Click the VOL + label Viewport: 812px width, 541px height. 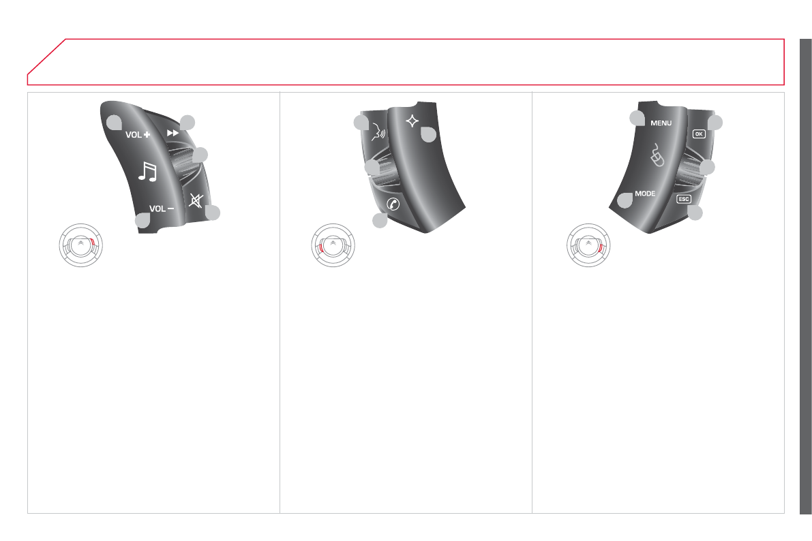tap(138, 135)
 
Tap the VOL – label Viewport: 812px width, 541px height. tap(162, 208)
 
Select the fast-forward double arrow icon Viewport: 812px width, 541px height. tap(173, 133)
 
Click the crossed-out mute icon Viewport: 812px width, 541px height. tap(196, 200)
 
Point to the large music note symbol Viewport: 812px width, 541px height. tap(147, 171)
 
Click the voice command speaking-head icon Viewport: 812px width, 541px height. tap(378, 133)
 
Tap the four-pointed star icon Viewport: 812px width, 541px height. tap(412, 121)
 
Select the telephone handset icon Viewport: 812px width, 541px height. tap(393, 204)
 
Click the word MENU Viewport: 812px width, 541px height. tap(661, 123)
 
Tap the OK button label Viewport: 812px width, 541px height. tap(699, 134)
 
